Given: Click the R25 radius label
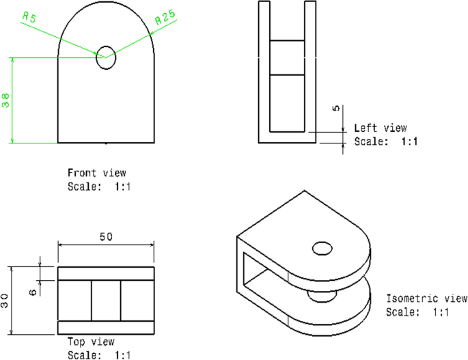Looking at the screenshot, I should pyautogui.click(x=166, y=18).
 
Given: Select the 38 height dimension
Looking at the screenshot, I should pyautogui.click(x=6, y=101).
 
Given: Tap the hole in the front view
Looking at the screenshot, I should pyautogui.click(x=106, y=57).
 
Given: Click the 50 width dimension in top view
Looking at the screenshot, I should pyautogui.click(x=106, y=237).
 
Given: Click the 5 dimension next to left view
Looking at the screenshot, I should pyautogui.click(x=335, y=110).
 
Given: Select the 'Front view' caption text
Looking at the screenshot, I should pyautogui.click(x=96, y=173).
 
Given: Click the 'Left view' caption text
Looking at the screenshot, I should pyautogui.click(x=380, y=128).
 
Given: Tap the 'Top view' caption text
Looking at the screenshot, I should pyautogui.click(x=91, y=342).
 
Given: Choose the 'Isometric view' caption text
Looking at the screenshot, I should pyautogui.click(x=427, y=299).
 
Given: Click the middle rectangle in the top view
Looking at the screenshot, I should pyautogui.click(x=106, y=300).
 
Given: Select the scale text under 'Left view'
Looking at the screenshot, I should pyautogui.click(x=385, y=141).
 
